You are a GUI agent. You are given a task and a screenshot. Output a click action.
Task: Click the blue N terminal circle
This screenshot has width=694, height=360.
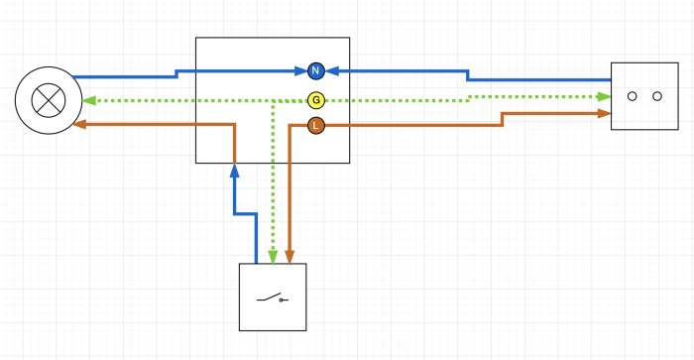[315, 70]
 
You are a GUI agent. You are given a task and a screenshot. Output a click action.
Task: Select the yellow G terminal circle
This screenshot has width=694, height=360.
[315, 100]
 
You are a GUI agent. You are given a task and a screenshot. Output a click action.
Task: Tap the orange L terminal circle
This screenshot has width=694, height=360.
[315, 126]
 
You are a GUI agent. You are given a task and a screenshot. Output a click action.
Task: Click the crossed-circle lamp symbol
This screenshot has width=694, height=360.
[49, 100]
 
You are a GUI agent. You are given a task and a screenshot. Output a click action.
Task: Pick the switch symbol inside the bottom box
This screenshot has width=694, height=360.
[273, 298]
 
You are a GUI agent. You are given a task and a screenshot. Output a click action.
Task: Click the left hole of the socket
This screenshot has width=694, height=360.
[633, 96]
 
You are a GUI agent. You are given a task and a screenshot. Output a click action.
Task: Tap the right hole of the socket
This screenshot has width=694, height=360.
[657, 96]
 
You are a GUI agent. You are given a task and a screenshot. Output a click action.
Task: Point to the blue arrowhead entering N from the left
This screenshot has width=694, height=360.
[301, 70]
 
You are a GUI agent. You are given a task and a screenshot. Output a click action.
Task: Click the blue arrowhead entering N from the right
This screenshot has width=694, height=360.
[332, 70]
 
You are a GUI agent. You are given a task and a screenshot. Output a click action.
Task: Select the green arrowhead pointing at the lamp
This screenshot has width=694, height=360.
[89, 100]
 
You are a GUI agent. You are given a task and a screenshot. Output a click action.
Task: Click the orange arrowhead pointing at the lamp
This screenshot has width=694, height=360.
[79, 124]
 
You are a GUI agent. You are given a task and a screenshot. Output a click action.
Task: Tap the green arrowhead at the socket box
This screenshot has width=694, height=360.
[604, 96]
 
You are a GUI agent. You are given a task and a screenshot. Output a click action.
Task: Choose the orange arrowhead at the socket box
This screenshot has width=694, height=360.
[604, 113]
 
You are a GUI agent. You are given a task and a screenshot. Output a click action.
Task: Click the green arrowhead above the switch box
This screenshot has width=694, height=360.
[273, 257]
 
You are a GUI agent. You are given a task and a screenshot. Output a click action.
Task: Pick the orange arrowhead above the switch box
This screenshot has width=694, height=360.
[289, 257]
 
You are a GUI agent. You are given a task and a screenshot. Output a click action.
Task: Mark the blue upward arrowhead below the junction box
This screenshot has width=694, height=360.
[235, 171]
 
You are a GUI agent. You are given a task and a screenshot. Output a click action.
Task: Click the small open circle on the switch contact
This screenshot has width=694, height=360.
[281, 300]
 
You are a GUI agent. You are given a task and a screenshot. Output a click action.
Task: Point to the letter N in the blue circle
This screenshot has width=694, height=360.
[315, 70]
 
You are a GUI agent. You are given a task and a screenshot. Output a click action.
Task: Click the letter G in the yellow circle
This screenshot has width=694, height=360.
[315, 100]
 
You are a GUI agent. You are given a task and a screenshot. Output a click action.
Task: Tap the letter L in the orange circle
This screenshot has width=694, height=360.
[315, 126]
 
